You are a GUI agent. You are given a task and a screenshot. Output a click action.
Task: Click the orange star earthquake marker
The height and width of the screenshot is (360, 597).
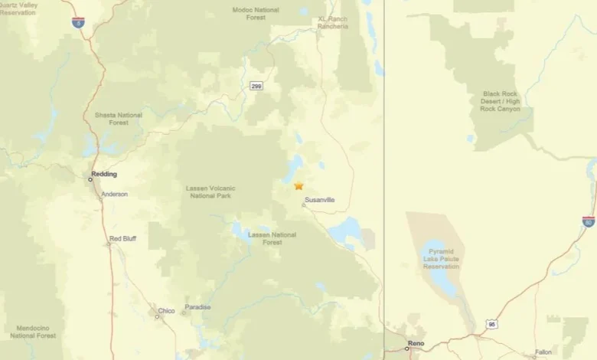coord(298,185)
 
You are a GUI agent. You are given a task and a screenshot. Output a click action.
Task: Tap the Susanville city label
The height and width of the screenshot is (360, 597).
coord(319,200)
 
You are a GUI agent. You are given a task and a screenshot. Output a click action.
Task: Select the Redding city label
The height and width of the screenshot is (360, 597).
coord(104,175)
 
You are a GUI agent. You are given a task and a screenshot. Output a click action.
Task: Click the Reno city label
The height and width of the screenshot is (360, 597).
coord(416,344)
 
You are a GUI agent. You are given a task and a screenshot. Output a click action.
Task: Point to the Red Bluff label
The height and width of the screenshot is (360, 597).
coord(122,239)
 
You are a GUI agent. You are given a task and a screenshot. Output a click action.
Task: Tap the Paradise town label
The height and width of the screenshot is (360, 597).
coord(197,307)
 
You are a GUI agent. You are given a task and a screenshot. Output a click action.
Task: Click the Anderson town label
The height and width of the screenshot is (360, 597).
coord(115,195)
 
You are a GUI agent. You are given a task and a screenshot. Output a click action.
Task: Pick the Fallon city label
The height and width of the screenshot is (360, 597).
coord(543,352)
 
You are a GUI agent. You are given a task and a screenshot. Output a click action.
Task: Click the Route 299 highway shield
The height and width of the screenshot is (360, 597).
coord(256,86)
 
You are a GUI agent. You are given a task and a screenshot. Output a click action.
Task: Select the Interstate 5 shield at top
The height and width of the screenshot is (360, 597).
coord(78,23)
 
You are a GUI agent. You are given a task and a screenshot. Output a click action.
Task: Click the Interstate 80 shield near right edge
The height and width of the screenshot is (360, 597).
coord(588,221)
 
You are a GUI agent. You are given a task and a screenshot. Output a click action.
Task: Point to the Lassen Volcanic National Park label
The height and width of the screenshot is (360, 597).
coord(210,191)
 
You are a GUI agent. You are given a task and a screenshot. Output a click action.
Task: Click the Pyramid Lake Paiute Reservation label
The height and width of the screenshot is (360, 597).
coord(442,260)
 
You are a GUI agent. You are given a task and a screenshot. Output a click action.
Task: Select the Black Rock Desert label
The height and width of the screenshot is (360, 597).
coord(501,102)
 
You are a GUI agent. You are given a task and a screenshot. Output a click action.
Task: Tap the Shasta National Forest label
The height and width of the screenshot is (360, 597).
coord(118,119)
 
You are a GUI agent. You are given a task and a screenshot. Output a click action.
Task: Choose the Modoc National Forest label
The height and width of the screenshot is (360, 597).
coord(256,13)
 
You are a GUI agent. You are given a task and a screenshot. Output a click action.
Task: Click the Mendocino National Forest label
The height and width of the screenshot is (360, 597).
coord(33,332)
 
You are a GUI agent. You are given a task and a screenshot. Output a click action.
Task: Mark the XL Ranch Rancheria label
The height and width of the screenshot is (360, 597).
coord(333,21)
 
